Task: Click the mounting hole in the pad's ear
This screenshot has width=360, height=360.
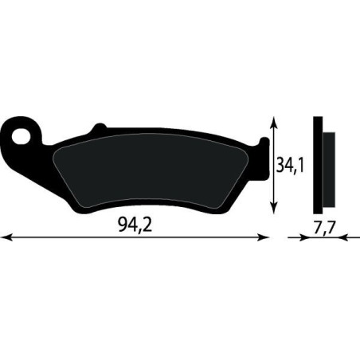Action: (31, 131)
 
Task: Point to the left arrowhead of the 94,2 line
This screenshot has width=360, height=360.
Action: (5, 237)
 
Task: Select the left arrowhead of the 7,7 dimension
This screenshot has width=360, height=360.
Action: (292, 237)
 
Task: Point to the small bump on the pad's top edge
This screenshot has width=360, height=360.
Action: (98, 127)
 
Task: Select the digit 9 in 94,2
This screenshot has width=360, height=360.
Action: (120, 225)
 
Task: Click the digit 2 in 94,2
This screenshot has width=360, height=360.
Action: (147, 225)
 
